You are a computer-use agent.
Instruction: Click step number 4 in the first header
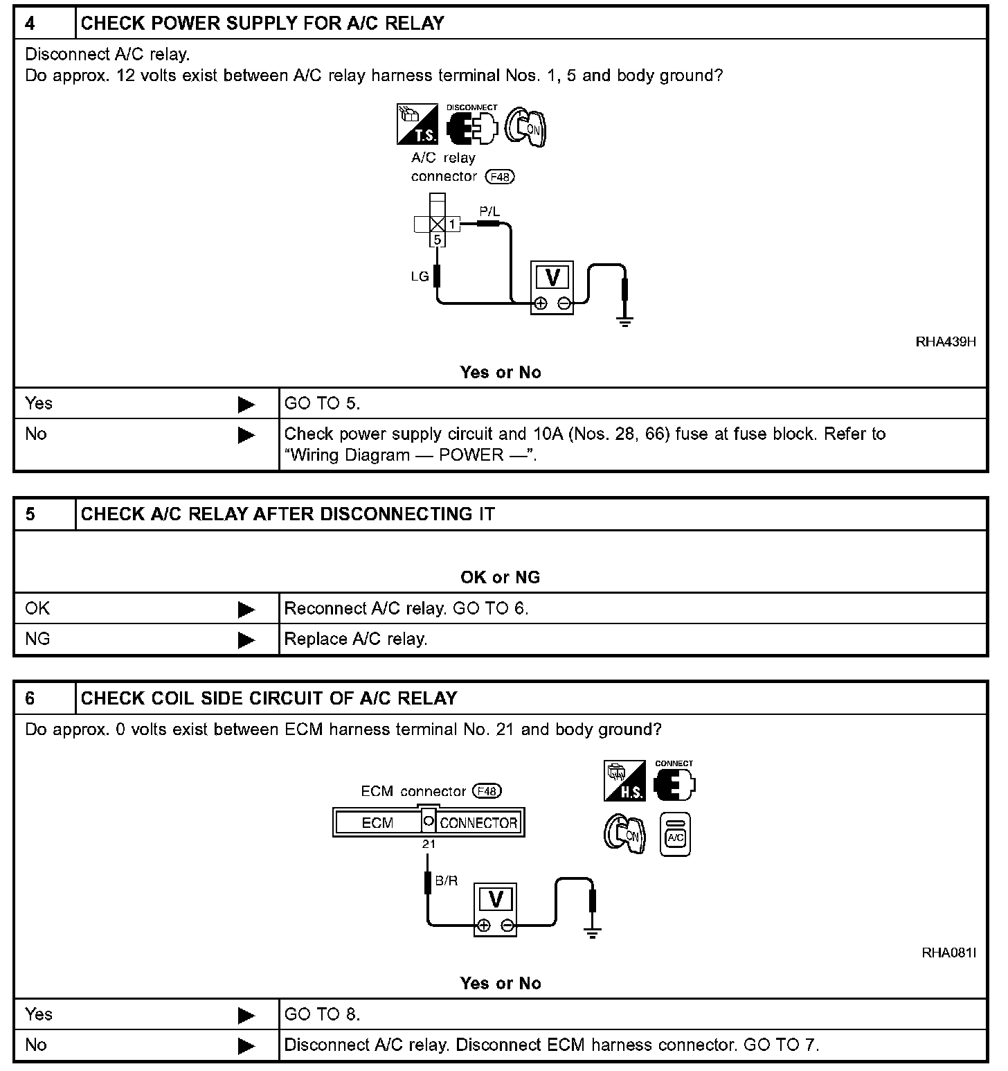[30, 24]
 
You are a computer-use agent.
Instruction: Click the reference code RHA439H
[946, 342]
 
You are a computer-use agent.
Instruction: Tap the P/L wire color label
[489, 211]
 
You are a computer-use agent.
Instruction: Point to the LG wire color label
[420, 276]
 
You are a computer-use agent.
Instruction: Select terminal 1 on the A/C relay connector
[452, 224]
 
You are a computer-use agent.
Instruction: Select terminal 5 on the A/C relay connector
[437, 240]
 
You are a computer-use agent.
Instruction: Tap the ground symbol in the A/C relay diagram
[625, 320]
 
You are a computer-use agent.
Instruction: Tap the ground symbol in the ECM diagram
[592, 932]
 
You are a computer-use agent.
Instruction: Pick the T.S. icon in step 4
[417, 125]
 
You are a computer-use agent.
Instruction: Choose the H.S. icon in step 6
[624, 781]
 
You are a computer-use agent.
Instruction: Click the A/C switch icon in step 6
[675, 834]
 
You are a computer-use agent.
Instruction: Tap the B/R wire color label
[447, 881]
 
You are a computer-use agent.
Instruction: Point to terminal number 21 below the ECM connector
[429, 844]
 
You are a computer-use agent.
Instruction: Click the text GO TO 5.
[323, 403]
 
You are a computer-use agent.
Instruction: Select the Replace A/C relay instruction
[356, 639]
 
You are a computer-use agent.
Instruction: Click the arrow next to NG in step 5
[246, 640]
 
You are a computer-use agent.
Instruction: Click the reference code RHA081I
[948, 953]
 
